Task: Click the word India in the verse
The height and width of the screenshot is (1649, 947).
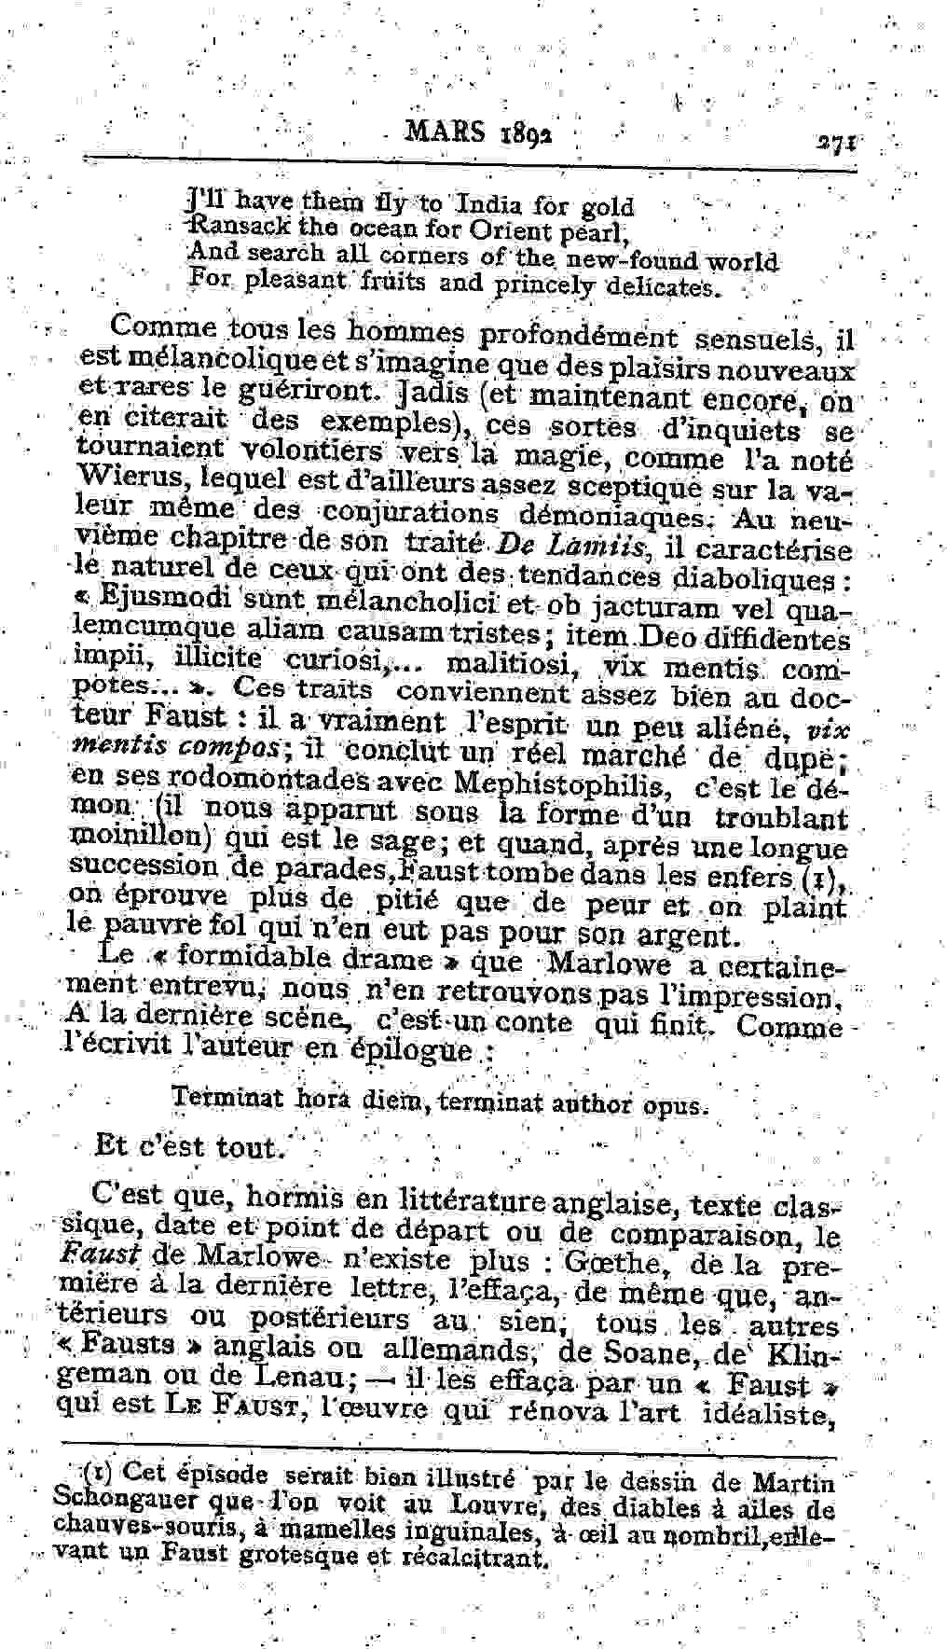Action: point(493,205)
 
